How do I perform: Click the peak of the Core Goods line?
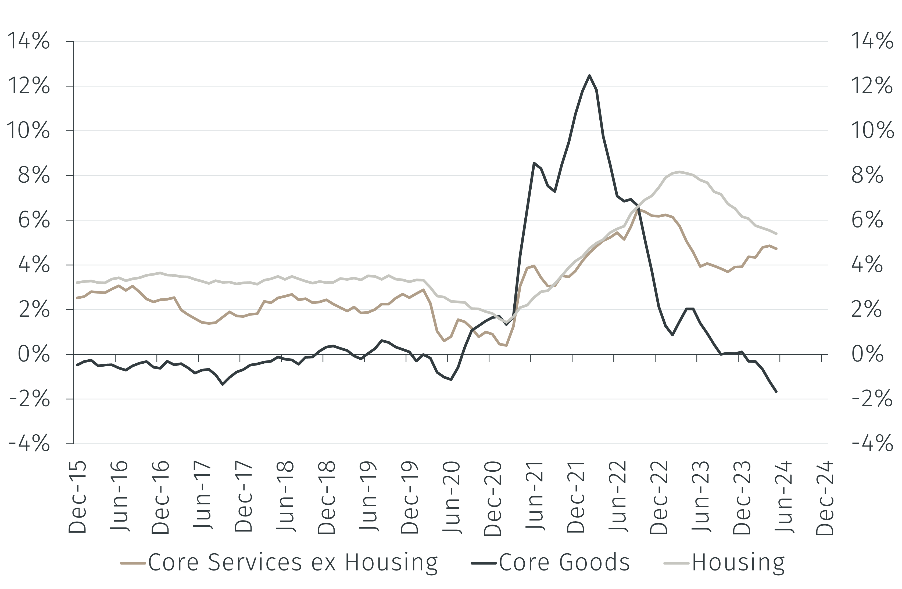[x=589, y=75]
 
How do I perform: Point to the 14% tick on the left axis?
[x=28, y=41]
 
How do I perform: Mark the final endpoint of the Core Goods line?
[x=776, y=392]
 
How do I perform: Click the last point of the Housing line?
[x=776, y=234]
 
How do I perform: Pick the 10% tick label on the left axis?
[x=28, y=131]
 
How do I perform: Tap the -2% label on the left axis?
[x=30, y=399]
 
